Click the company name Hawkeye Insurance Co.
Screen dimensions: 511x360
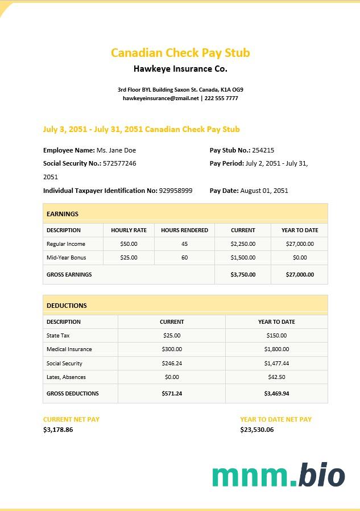180,69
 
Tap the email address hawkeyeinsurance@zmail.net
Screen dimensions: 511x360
161,98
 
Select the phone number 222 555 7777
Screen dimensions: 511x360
221,98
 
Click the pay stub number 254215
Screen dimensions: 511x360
263,150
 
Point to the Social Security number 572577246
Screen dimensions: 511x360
119,163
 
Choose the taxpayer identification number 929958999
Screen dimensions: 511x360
176,191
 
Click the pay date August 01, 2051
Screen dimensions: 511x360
264,191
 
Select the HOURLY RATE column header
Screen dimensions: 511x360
129,230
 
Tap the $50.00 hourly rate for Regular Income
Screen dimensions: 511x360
129,244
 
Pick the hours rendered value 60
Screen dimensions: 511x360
184,258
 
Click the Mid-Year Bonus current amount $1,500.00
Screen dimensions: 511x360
243,258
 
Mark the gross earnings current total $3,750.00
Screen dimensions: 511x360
243,274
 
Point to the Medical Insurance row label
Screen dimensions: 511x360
69,349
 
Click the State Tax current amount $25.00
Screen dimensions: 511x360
171,336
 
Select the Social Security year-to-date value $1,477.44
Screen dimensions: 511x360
276,364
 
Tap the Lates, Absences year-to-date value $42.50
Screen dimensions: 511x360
276,377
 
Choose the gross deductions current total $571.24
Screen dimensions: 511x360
171,394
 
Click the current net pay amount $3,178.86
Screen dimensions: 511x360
58,430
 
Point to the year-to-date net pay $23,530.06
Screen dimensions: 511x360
256,430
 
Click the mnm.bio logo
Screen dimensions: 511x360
279,475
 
